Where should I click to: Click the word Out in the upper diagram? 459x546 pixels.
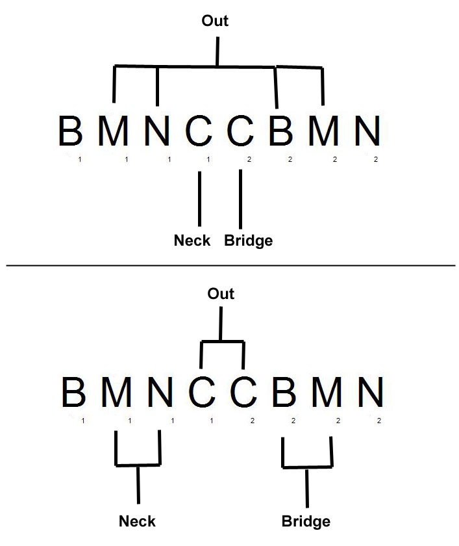(x=215, y=21)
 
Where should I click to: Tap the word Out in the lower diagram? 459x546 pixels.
(x=221, y=294)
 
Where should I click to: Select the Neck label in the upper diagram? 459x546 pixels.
(x=192, y=240)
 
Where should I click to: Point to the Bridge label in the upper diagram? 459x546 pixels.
(x=248, y=240)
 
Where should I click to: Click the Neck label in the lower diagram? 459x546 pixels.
(x=138, y=521)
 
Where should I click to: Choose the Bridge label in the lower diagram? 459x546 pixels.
(x=306, y=521)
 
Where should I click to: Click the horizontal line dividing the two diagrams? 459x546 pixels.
(x=230, y=266)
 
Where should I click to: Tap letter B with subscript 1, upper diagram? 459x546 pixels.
(x=71, y=131)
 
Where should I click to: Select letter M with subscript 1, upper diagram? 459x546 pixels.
(x=114, y=131)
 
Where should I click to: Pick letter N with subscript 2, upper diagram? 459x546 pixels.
(x=367, y=131)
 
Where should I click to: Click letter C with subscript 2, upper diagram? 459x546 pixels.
(x=240, y=131)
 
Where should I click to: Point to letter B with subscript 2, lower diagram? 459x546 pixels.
(x=284, y=392)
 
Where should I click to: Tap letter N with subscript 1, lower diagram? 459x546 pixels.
(x=160, y=392)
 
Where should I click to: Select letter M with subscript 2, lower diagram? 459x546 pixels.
(x=327, y=392)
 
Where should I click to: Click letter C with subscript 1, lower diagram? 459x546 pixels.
(x=202, y=392)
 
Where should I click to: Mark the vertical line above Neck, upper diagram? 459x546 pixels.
(x=199, y=198)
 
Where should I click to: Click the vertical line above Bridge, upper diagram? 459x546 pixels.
(x=241, y=199)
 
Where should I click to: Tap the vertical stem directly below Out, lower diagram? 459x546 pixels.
(x=221, y=324)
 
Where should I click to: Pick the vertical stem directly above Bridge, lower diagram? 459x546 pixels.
(x=307, y=487)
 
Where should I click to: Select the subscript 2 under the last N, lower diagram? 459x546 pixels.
(x=379, y=421)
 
